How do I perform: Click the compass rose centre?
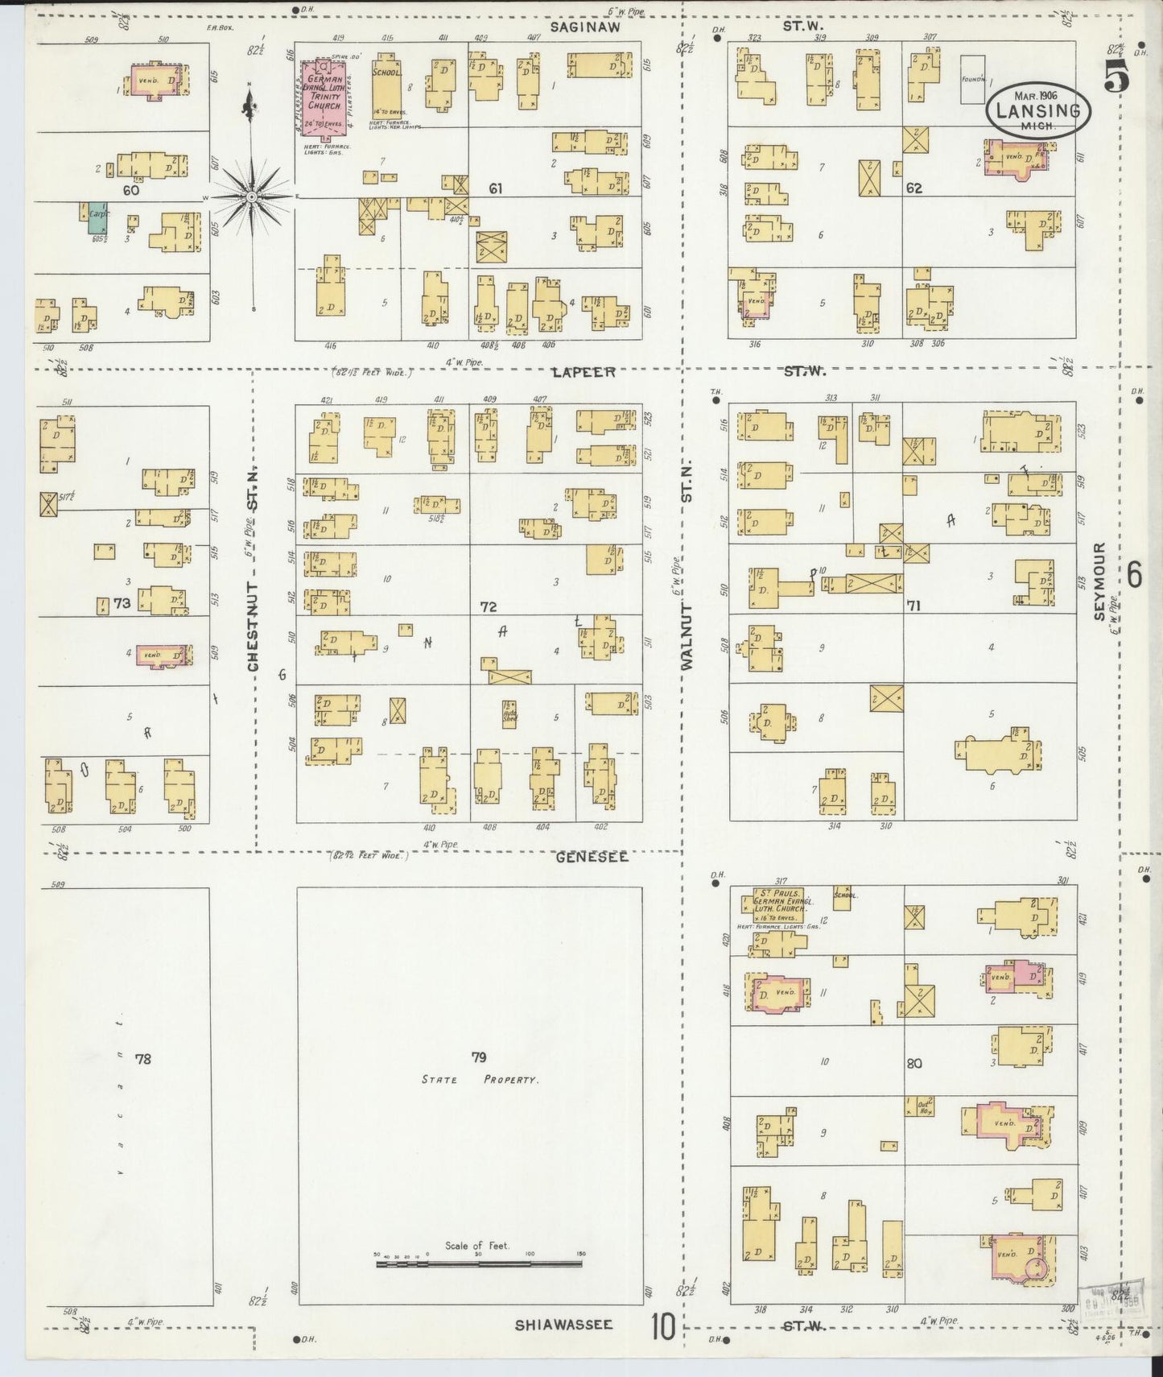pos(252,196)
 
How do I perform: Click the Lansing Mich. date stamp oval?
pos(1037,110)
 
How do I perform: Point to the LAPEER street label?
pos(584,372)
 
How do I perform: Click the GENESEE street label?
pos(592,858)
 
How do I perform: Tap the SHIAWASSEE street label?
pos(563,1325)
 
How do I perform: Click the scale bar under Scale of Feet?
pos(479,1264)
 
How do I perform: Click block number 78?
pos(142,1059)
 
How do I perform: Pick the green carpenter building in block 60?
pos(93,213)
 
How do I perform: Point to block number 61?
pos(496,188)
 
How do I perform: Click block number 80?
pos(913,1063)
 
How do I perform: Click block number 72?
pos(488,606)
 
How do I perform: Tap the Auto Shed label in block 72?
pos(509,712)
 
